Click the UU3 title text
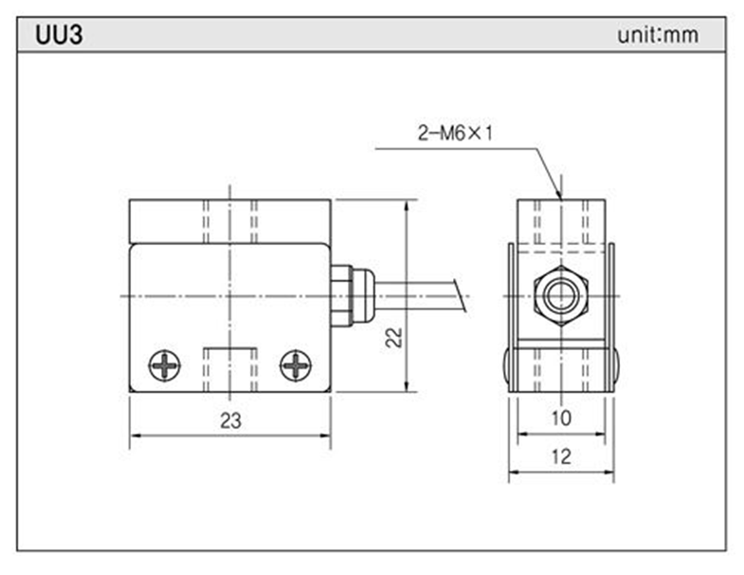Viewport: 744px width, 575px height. [x=59, y=35]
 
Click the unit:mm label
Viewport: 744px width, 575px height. [x=657, y=36]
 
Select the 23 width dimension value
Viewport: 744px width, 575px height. [x=230, y=422]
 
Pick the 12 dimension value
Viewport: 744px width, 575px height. [x=560, y=456]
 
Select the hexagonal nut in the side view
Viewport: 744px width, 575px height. [x=560, y=296]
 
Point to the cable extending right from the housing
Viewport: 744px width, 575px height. [x=417, y=295]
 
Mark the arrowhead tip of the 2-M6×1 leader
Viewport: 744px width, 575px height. [x=559, y=197]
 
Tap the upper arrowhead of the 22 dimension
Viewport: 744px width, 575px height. [x=407, y=203]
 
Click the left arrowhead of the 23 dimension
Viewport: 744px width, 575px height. [x=133, y=436]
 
